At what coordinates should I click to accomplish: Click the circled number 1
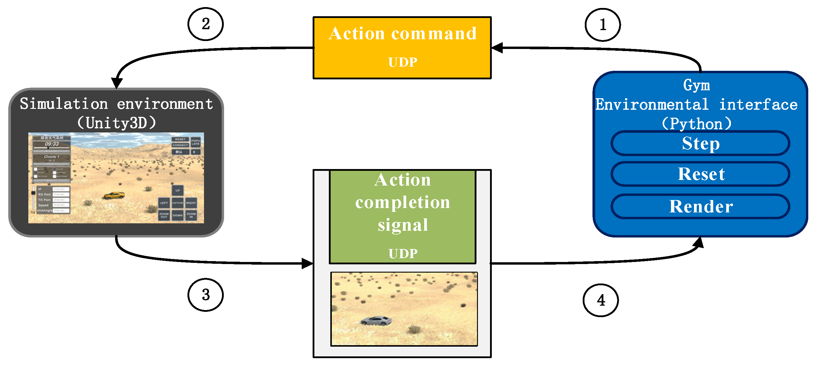[603, 25]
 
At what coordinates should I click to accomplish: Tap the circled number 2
[205, 24]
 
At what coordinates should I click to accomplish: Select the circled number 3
[205, 295]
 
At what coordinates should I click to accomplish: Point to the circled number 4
[600, 300]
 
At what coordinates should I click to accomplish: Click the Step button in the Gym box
[700, 143]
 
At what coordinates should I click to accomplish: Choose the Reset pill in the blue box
[700, 174]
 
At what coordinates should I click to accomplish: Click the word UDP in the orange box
[402, 62]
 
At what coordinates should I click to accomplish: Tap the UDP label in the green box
[402, 253]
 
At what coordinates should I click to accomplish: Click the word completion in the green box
[402, 202]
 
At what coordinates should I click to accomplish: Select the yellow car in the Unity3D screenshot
[114, 195]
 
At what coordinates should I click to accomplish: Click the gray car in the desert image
[376, 321]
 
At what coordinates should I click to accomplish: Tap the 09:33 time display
[52, 144]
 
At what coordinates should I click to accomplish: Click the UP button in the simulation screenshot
[177, 191]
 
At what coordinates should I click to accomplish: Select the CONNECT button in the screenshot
[180, 145]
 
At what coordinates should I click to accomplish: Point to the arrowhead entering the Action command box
[497, 48]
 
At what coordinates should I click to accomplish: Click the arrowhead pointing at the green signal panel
[307, 263]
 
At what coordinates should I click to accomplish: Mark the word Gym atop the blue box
[696, 85]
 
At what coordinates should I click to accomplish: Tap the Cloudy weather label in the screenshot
[51, 157]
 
